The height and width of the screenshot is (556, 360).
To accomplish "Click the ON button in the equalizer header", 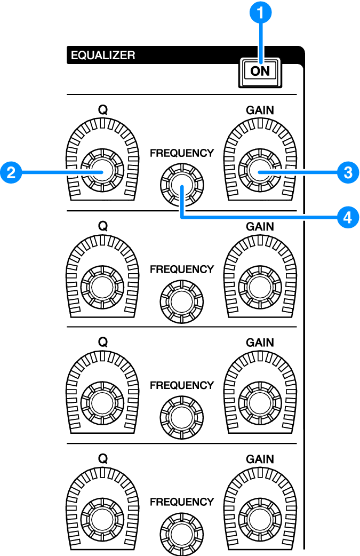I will coord(261,71).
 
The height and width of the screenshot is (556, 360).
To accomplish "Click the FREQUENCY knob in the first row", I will coord(181,185).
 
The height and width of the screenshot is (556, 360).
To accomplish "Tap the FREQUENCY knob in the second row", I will coord(181,301).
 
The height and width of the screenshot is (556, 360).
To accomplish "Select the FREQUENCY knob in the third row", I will coord(181,417).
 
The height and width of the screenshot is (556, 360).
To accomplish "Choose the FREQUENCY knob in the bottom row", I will coord(181,534).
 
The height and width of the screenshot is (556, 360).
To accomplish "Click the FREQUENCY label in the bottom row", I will coord(181,502).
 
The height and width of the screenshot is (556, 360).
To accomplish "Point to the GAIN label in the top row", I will coord(260,109).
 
